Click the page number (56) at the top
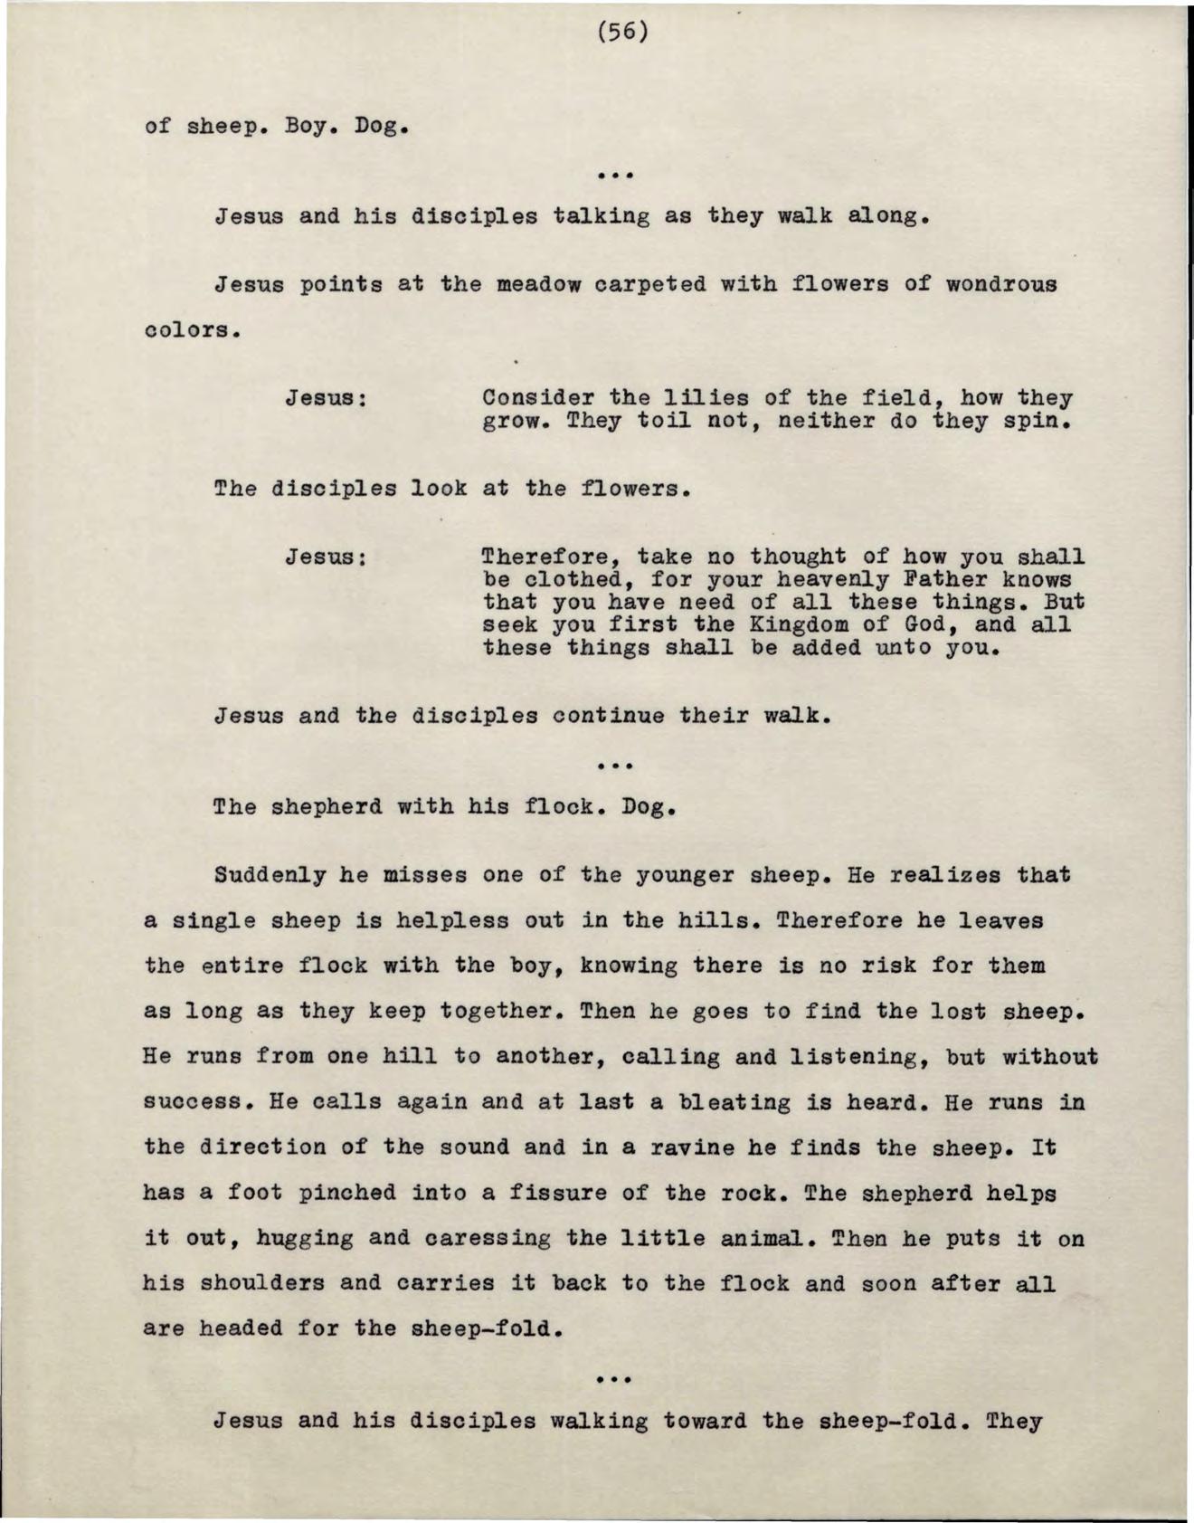click(623, 33)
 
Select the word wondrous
click(1000, 284)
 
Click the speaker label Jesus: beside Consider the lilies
click(326, 398)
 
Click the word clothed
click(573, 579)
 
